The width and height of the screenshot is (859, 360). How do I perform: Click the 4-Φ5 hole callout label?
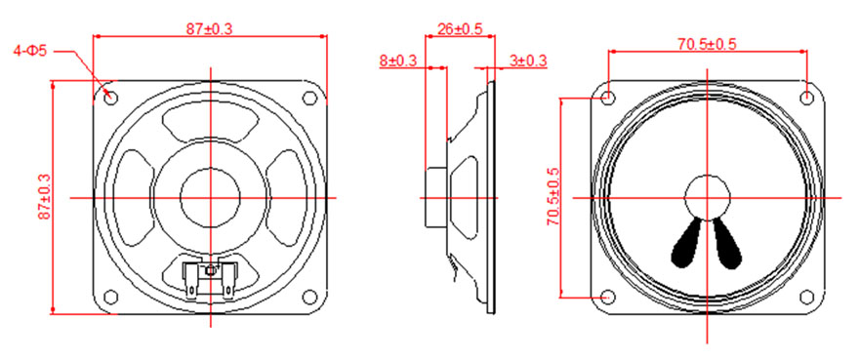coord(30,52)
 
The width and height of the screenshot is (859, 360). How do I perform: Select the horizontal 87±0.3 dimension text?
coord(209,29)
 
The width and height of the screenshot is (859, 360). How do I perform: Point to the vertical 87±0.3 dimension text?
coord(44,197)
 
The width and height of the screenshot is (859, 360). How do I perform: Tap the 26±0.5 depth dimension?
coord(459,29)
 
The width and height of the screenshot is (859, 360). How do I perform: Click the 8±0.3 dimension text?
coord(398,60)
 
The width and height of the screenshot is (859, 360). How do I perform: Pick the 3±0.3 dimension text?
coord(528,60)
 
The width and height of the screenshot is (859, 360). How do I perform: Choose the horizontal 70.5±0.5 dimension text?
coord(707,44)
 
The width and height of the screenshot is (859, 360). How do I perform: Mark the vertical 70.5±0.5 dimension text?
coord(552,197)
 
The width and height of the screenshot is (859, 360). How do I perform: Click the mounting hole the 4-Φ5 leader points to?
coord(110,98)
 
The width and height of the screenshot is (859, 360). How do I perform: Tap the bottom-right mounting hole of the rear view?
coord(310,297)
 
